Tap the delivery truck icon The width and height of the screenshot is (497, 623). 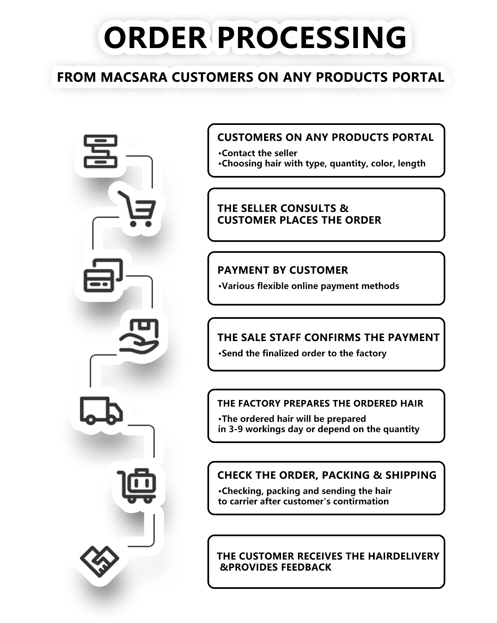(x=101, y=410)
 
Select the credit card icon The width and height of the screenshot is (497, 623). (x=103, y=276)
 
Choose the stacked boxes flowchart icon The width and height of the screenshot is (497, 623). (x=100, y=151)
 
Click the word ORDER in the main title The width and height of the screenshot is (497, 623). (x=155, y=37)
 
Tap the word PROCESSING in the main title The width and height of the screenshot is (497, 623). (x=311, y=37)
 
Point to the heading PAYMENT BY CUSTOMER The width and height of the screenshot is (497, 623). (x=283, y=270)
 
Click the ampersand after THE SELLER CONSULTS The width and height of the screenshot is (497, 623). (x=344, y=208)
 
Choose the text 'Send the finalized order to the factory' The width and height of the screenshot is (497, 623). (x=304, y=353)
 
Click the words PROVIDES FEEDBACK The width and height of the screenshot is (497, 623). (x=280, y=567)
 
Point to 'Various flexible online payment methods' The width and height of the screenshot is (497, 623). (x=310, y=286)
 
